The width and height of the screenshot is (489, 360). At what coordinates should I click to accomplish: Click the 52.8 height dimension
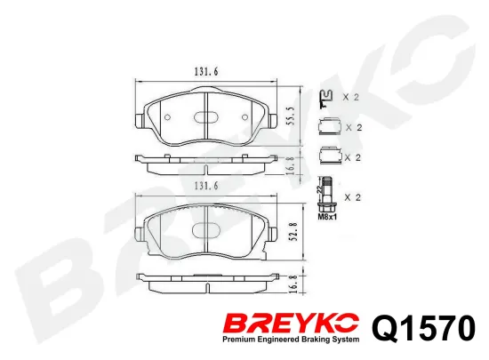pos(293,232)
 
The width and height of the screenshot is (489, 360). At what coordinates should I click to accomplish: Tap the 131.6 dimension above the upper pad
pos(206,72)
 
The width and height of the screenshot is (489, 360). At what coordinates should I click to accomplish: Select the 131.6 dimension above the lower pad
pos(206,186)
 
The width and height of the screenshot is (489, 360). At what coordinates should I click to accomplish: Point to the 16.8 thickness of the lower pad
pos(293,283)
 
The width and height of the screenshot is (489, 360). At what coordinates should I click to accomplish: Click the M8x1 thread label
pos(327,217)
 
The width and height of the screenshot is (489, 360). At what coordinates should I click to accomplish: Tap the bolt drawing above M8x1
pos(325,194)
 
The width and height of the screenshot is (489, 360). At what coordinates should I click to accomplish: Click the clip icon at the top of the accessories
pos(326,99)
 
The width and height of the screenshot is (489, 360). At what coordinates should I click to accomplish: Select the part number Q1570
pos(424,327)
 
